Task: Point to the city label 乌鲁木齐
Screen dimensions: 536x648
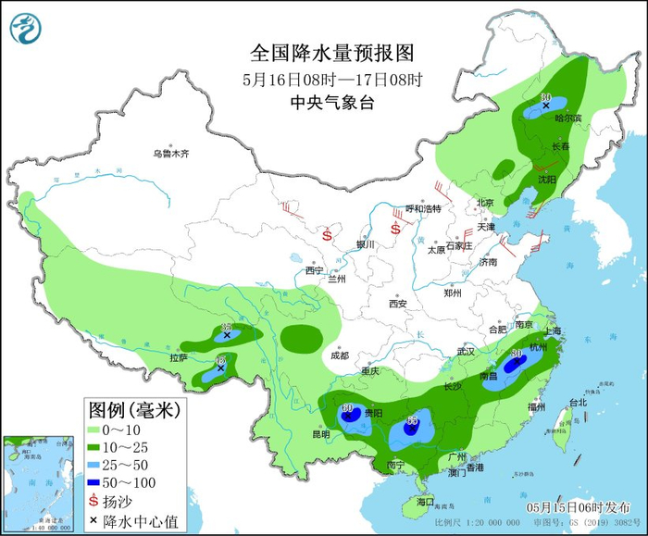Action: coord(170,154)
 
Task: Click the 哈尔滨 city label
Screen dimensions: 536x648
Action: coord(567,118)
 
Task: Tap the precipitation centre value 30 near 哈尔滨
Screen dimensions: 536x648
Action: coord(545,98)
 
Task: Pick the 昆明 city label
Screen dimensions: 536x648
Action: coord(320,433)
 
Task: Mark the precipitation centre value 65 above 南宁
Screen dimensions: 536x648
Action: coord(412,421)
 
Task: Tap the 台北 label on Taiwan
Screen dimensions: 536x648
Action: coord(577,402)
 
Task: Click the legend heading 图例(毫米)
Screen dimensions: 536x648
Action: coord(133,408)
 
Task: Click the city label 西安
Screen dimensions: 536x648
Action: coord(398,303)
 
